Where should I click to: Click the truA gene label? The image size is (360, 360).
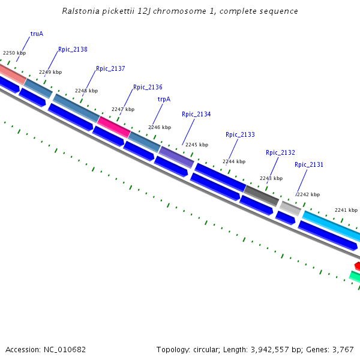click(x=37, y=34)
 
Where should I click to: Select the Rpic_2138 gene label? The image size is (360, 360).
click(x=73, y=50)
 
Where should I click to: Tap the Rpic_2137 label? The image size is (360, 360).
click(x=110, y=69)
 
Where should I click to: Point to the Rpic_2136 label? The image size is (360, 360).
click(x=148, y=88)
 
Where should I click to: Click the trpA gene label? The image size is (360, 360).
click(x=164, y=100)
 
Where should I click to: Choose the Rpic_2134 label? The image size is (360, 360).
click(x=196, y=115)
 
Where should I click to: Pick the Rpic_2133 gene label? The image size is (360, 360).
click(x=240, y=135)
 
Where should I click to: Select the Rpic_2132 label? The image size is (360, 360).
click(x=280, y=153)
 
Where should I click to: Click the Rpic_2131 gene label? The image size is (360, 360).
click(x=309, y=165)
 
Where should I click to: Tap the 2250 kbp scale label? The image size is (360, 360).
click(x=14, y=53)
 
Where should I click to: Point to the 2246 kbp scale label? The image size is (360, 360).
click(x=160, y=128)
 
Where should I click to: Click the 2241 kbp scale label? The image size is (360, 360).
click(x=346, y=211)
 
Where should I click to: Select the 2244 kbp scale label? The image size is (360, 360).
click(x=234, y=162)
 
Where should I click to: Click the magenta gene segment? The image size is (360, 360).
click(x=113, y=127)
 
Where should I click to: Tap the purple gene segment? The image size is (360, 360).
click(x=176, y=157)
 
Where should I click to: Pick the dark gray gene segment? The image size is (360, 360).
click(x=261, y=195)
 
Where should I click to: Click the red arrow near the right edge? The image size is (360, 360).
click(x=357, y=265)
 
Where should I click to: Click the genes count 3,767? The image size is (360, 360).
click(x=343, y=349)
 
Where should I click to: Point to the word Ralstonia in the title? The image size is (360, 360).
click(x=81, y=11)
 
